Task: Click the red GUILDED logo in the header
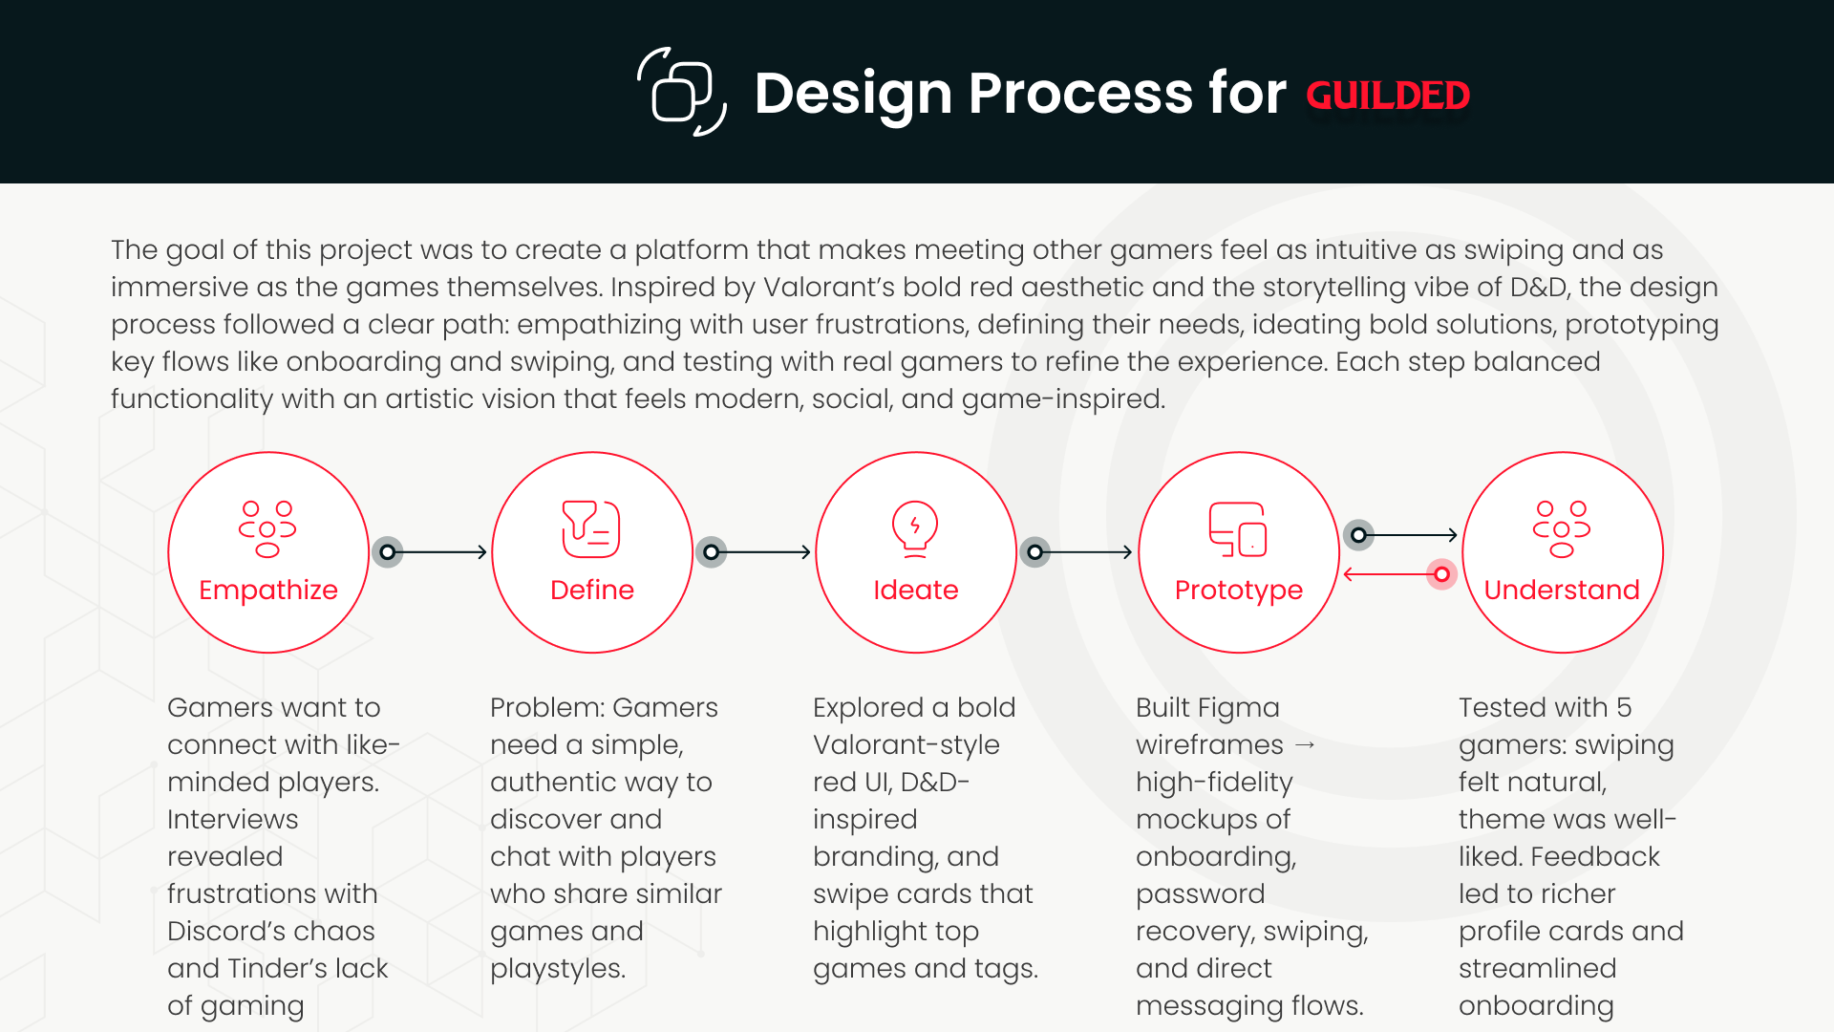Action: coord(1387,96)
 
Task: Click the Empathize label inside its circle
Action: coord(268,590)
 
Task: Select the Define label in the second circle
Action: coord(592,590)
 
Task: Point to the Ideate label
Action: coord(915,590)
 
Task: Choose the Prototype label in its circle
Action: coord(1238,590)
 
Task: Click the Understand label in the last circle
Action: coord(1562,590)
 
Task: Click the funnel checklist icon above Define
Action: coord(591,528)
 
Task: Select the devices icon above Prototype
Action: coord(1238,528)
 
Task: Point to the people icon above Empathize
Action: coord(267,528)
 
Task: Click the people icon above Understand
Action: coord(1562,528)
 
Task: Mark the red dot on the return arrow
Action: coord(1441,574)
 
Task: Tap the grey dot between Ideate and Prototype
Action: coord(1034,552)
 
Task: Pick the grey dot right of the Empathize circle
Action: coord(387,552)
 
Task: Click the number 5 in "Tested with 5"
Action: coord(1624,707)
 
